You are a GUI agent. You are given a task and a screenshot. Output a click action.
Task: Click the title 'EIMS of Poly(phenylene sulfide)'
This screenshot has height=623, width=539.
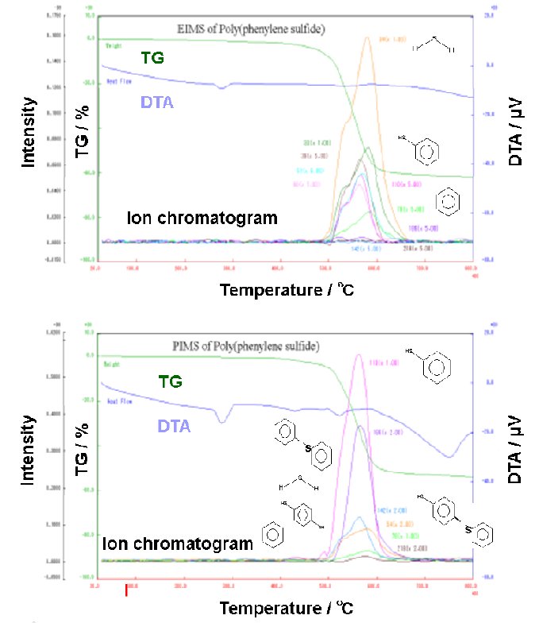251,29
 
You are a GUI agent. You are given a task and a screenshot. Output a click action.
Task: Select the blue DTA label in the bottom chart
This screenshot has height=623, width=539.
173,426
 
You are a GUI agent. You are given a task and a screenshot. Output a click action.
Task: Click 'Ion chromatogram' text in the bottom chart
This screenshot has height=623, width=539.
177,543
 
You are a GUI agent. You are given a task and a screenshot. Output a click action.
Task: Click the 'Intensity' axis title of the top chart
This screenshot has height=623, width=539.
29,131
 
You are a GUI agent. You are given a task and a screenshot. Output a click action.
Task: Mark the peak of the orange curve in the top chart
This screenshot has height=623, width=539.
367,37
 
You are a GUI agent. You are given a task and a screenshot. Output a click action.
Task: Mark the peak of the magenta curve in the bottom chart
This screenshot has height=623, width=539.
359,354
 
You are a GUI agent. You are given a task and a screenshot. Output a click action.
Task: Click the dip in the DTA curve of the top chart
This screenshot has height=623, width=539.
222,87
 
